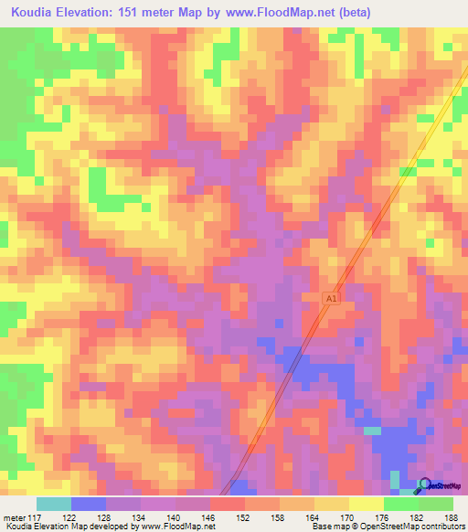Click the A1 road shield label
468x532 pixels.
[x=332, y=298]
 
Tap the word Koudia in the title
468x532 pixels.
[x=35, y=13]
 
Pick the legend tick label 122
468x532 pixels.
[x=71, y=517]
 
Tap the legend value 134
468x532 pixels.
[x=142, y=517]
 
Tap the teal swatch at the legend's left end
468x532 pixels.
[x=54, y=505]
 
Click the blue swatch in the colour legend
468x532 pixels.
[x=89, y=505]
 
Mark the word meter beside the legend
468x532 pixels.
[x=14, y=517]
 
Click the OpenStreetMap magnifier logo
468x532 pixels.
[x=423, y=486]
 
